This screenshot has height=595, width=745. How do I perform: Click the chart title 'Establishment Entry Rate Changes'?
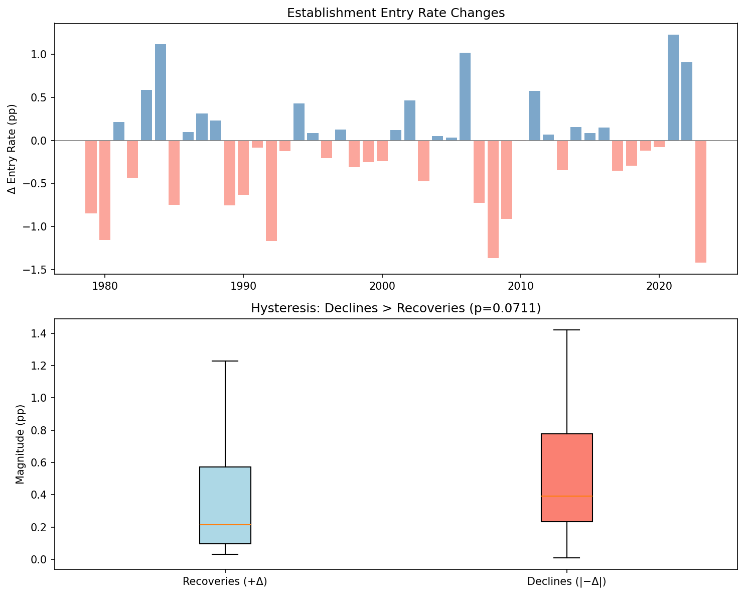click(x=395, y=14)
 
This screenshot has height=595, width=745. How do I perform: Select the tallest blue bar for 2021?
click(x=673, y=88)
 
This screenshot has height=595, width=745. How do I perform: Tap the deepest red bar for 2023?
click(x=700, y=201)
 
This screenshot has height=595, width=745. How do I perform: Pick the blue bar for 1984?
click(x=160, y=92)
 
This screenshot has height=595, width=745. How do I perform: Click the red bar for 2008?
click(x=493, y=199)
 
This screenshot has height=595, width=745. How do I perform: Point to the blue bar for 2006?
click(x=465, y=96)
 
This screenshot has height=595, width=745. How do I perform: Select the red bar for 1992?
click(x=271, y=191)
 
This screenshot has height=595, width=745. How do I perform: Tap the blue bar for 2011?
click(x=534, y=115)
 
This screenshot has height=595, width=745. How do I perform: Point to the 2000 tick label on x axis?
click(x=382, y=285)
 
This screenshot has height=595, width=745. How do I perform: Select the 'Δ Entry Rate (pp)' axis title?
click(x=13, y=149)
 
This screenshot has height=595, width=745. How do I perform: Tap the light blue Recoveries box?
click(x=225, y=505)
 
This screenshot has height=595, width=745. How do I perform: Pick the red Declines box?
click(x=567, y=477)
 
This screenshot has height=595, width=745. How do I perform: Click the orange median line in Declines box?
click(x=567, y=496)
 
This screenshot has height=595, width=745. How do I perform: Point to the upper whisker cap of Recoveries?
click(x=225, y=361)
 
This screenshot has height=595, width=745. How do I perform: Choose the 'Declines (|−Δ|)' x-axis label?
click(x=567, y=582)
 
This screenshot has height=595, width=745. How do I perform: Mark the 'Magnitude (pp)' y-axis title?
click(x=20, y=444)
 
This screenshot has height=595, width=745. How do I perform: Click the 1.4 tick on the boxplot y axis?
click(x=40, y=334)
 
